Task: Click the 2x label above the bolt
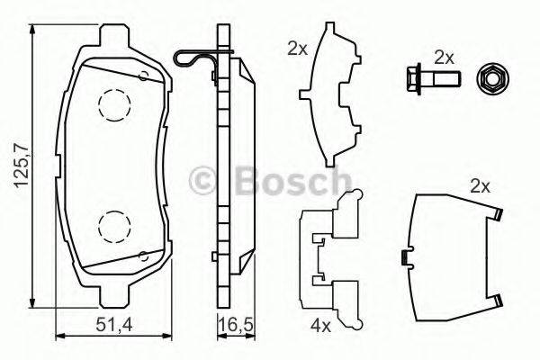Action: [443, 56]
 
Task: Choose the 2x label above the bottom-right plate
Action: [479, 186]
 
